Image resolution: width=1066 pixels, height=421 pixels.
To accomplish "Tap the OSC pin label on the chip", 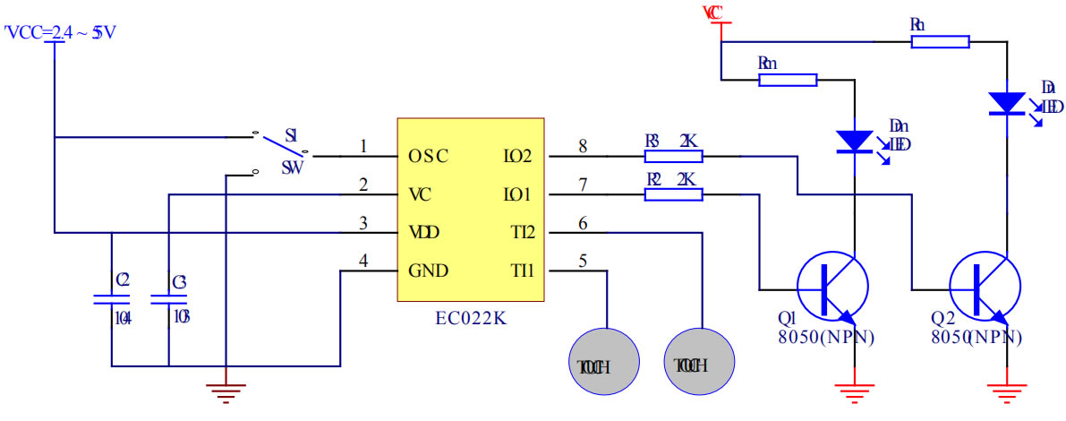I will point(428,156).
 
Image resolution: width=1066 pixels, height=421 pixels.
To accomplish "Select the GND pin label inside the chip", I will point(428,271).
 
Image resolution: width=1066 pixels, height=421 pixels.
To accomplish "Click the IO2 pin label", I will point(517,156).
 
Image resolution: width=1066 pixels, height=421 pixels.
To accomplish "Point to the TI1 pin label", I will point(521,271).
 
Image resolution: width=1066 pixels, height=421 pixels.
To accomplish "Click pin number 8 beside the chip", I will point(583,146).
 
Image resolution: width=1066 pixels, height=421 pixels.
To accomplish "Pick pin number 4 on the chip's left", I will point(362,261).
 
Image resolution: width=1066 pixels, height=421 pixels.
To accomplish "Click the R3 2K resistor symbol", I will point(673,156).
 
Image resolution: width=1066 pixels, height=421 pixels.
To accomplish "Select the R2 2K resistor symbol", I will point(673,194).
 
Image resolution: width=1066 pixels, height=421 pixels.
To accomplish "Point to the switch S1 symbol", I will point(281,150).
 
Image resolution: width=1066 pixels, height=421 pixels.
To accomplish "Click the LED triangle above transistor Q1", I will point(854,141).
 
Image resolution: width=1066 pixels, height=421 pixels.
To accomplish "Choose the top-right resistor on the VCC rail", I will point(940,41).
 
